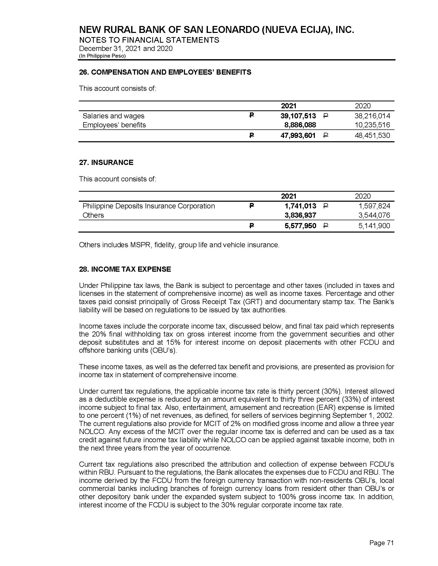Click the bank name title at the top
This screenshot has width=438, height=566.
pyautogui.click(x=217, y=30)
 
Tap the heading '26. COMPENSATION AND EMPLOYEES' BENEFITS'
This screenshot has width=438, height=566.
pyautogui.click(x=165, y=72)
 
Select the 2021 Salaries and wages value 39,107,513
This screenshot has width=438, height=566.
pyautogui.click(x=298, y=116)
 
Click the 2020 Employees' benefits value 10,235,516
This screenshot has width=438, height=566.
pyautogui.click(x=372, y=125)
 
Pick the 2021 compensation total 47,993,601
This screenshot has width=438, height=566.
pyautogui.click(x=298, y=135)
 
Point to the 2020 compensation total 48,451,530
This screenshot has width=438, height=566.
pyautogui.click(x=372, y=135)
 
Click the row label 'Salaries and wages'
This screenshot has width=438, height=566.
pyautogui.click(x=113, y=116)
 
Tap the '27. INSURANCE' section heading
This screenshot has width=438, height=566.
pyautogui.click(x=106, y=163)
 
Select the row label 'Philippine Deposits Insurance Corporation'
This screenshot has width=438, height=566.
pyautogui.click(x=149, y=206)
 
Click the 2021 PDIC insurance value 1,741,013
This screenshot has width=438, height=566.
pyautogui.click(x=300, y=206)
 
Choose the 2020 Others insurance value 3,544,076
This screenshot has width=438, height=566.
pyautogui.click(x=374, y=215)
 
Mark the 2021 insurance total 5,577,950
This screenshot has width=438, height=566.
pyautogui.click(x=300, y=226)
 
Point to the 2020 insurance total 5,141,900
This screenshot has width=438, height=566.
pyautogui.click(x=374, y=226)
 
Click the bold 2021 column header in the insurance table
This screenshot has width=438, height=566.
pyautogui.click(x=289, y=196)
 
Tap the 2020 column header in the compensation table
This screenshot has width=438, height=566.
pyautogui.click(x=363, y=106)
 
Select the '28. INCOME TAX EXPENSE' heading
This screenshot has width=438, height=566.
pyautogui.click(x=125, y=269)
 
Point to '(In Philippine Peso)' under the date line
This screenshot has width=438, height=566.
pyautogui.click(x=102, y=56)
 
